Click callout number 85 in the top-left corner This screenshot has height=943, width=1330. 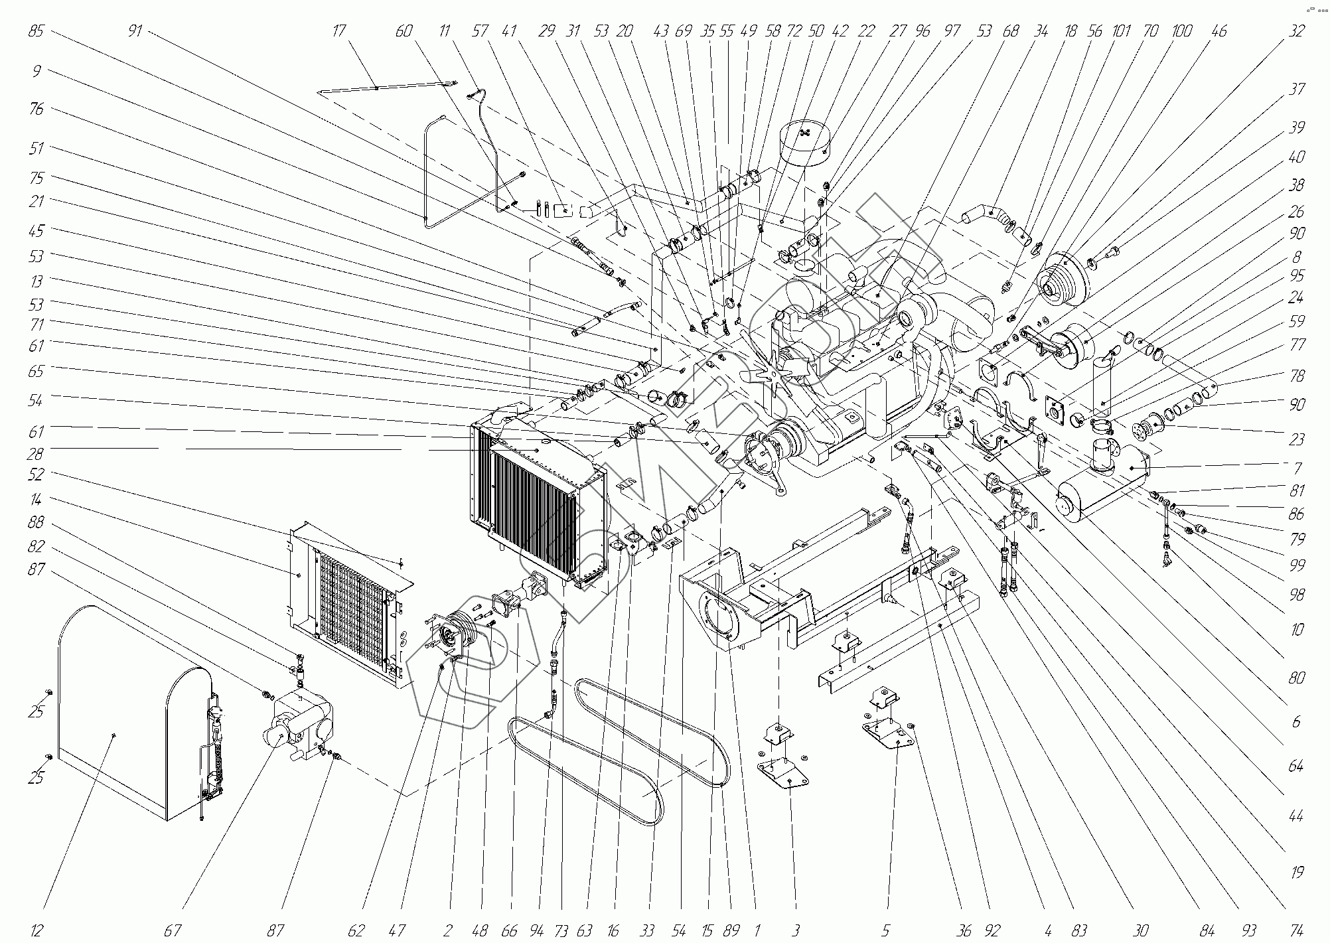point(37,31)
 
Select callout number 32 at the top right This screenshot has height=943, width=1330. point(1296,31)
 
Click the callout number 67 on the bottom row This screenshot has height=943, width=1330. point(173,931)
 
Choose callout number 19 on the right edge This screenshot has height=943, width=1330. point(1297,872)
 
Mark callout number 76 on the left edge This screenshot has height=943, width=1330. point(37,108)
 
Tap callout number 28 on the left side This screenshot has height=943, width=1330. point(37,453)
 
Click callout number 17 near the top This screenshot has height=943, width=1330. point(339,31)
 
